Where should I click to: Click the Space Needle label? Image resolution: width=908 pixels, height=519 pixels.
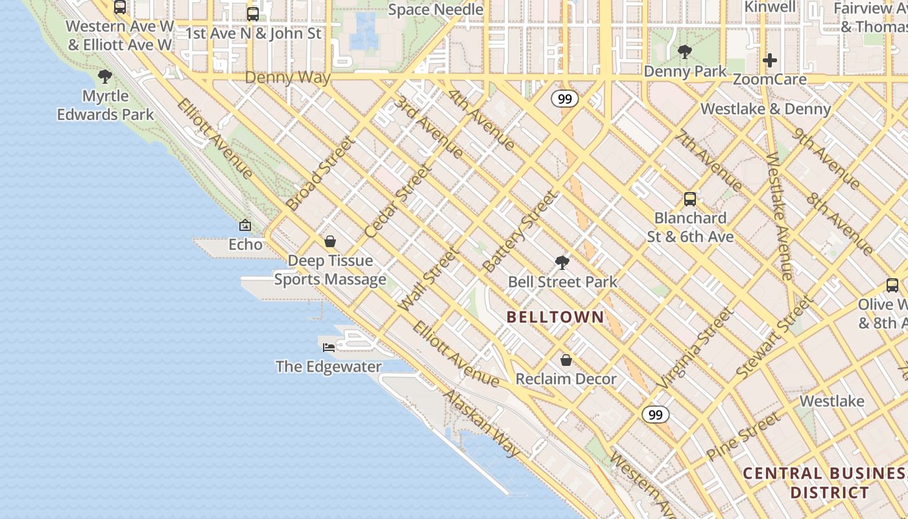tap(435, 10)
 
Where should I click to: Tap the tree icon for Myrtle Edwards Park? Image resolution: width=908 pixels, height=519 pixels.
tap(104, 77)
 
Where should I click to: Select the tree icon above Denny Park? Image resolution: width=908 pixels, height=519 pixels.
tap(684, 52)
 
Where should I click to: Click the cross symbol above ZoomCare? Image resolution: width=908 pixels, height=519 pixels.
tap(770, 60)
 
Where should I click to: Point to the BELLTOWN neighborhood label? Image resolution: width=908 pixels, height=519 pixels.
tap(555, 317)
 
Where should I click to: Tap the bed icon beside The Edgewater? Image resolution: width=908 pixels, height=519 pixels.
tap(329, 347)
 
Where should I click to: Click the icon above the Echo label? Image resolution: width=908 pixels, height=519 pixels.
tap(245, 225)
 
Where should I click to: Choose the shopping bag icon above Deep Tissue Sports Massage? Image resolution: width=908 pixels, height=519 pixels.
tap(330, 241)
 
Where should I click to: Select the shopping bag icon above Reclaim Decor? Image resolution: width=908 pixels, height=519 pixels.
tap(566, 359)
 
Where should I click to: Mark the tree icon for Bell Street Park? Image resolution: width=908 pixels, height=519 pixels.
tap(562, 263)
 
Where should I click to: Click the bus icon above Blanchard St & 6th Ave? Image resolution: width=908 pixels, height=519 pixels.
tap(690, 199)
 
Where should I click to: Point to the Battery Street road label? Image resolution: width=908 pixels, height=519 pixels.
tap(520, 232)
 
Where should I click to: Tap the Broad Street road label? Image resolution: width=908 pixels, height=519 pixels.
tap(320, 173)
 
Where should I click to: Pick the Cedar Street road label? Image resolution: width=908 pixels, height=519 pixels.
tap(398, 202)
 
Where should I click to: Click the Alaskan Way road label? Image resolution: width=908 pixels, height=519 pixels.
tap(481, 423)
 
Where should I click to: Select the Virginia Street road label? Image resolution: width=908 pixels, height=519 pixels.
tap(695, 348)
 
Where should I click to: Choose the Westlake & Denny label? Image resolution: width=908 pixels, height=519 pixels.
tap(766, 108)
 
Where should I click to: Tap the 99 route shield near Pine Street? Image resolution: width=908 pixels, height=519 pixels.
tap(656, 415)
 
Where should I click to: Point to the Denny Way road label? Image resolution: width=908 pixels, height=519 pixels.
tap(288, 78)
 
